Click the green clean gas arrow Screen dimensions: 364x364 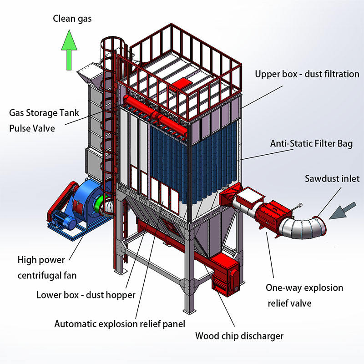pyautogui.click(x=68, y=50)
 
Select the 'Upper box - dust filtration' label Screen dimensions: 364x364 pyautogui.click(x=307, y=74)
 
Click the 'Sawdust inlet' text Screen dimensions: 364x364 pyautogui.click(x=332, y=178)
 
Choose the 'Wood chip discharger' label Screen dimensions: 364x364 pyautogui.click(x=239, y=336)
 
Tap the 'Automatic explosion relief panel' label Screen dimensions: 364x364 pyautogui.click(x=120, y=324)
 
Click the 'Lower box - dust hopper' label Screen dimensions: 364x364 pyautogui.click(x=86, y=295)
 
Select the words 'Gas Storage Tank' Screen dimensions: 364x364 pyautogui.click(x=44, y=112)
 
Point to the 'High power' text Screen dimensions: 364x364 pyautogui.click(x=41, y=261)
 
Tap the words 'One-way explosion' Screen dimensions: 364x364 pyautogui.click(x=304, y=288)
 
